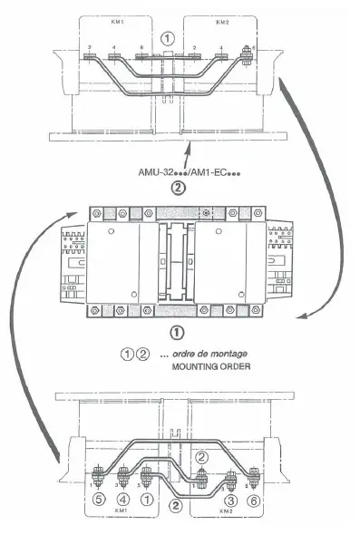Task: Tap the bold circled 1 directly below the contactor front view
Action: pos(178,335)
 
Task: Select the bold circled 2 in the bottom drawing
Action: pos(178,507)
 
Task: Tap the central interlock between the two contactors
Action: pos(178,263)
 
